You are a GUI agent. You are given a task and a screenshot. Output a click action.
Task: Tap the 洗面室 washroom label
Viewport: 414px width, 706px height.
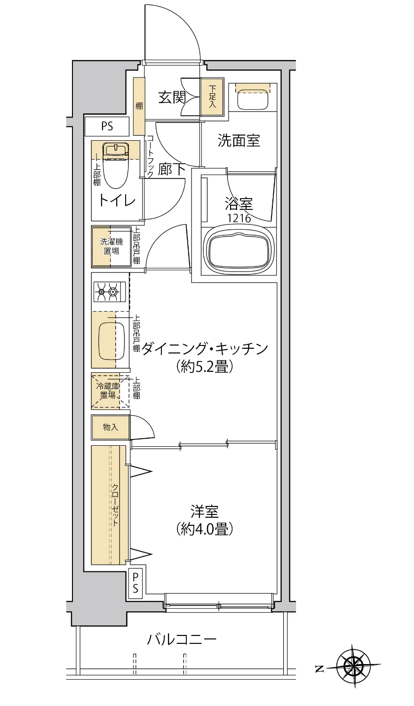coord(239,140)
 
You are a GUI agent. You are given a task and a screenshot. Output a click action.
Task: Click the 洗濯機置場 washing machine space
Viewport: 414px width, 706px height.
coord(111,246)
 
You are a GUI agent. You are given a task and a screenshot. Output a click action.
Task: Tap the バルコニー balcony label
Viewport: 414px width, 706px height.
coord(182,640)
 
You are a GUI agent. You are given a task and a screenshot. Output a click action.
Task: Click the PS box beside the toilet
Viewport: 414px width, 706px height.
coord(107,126)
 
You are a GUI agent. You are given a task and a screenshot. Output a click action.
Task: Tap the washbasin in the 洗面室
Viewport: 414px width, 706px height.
coord(253,98)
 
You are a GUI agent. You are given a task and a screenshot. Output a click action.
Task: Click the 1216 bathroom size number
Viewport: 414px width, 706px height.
coord(239,218)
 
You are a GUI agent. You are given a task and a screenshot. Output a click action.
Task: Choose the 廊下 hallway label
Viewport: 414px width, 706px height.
coord(172,169)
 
